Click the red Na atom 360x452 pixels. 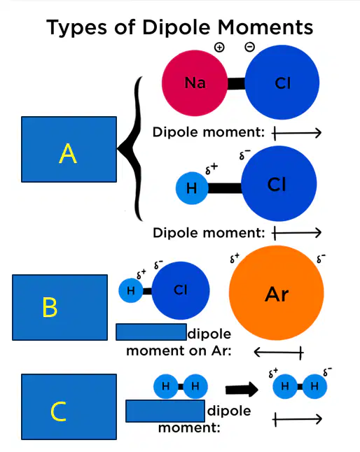[x=195, y=83]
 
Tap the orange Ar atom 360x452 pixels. [x=277, y=293]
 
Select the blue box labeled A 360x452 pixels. [x=69, y=149]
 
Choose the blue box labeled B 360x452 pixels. [x=60, y=307]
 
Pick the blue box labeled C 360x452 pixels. [x=69, y=407]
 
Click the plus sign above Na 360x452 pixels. [x=219, y=47]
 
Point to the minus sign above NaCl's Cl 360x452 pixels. [x=250, y=47]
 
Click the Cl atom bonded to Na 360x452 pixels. [x=282, y=82]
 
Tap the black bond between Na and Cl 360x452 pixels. [x=236, y=83]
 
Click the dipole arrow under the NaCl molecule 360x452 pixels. [x=296, y=133]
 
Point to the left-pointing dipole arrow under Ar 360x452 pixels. [x=279, y=352]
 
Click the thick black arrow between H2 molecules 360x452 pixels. [x=242, y=389]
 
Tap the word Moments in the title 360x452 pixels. [x=265, y=28]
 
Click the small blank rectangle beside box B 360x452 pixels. [x=151, y=332]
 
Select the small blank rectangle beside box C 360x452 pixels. [x=165, y=411]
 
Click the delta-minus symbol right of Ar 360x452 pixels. [x=321, y=259]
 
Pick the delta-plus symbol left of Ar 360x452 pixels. [x=235, y=258]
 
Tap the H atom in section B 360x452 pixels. [x=131, y=290]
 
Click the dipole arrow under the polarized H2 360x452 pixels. [x=297, y=419]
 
